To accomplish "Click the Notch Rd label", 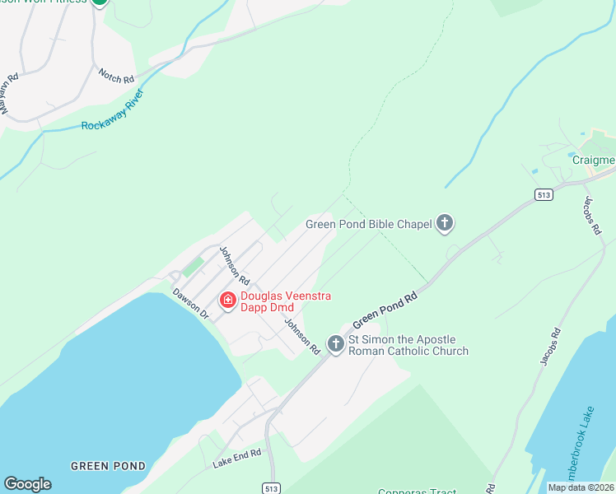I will click(x=116, y=75).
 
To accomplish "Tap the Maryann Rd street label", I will click(x=9, y=95).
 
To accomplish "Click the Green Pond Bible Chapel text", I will click(x=368, y=223).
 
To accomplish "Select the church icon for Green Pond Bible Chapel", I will click(x=445, y=222).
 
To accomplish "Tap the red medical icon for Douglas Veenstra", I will click(x=227, y=302).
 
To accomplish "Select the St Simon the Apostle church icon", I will click(x=335, y=344).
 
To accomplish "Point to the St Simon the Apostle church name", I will click(x=408, y=344).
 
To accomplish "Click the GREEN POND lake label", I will click(x=108, y=466).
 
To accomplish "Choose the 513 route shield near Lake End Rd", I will click(x=272, y=487).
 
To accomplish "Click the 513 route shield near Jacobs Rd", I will click(x=542, y=194).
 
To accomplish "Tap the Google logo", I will click(x=27, y=484).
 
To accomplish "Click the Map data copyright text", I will click(x=581, y=487).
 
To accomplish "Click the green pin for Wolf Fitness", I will click(x=100, y=2).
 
